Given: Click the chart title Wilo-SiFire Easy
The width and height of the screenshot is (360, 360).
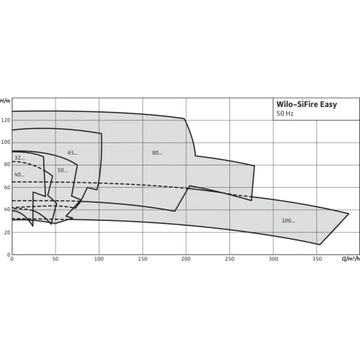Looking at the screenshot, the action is pos(306,104).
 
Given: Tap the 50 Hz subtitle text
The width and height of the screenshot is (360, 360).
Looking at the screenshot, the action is pos(285,114).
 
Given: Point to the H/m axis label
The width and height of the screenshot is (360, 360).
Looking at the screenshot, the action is pos(6,101).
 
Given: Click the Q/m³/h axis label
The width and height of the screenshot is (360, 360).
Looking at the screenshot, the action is pos(351,259).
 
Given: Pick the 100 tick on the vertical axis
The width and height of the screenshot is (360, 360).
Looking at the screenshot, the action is pos(6,142).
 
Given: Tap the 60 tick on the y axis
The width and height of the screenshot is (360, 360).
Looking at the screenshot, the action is pos(7,187).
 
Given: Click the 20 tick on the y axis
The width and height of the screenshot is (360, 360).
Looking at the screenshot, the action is pos(7,232).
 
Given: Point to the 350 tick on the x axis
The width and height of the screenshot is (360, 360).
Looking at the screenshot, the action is pos(317,259).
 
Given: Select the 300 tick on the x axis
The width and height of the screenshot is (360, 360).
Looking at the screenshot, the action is pos(273,259).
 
